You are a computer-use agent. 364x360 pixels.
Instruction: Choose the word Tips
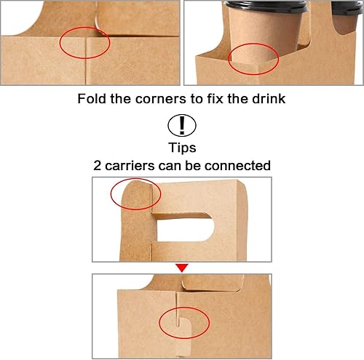point(182,147)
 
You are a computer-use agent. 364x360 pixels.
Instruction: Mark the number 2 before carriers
point(98,165)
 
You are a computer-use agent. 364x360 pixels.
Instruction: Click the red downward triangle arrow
point(182,268)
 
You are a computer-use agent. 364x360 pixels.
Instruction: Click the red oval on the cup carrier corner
point(253,60)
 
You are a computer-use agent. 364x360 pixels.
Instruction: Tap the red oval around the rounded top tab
point(135,194)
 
